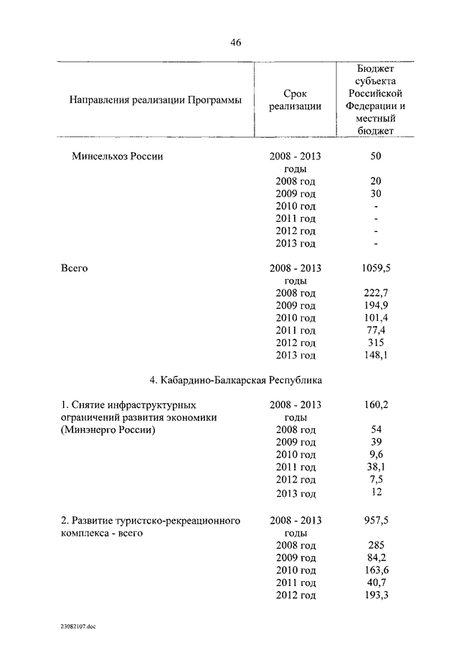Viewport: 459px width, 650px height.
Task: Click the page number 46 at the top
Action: tap(236, 42)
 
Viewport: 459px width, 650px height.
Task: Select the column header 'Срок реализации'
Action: tap(295, 100)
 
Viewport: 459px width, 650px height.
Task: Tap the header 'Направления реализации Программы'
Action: tap(155, 100)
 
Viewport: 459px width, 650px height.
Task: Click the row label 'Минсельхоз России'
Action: tap(118, 157)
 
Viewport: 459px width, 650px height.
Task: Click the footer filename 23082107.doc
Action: tap(78, 627)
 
